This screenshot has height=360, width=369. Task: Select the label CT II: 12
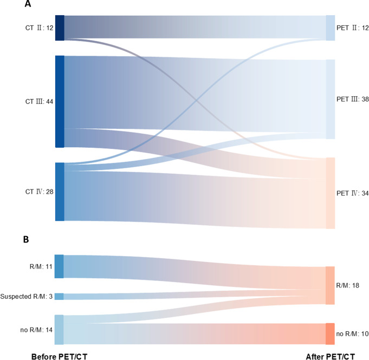point(38,28)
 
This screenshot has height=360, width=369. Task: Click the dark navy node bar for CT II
point(60,28)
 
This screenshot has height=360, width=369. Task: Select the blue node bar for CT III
point(60,101)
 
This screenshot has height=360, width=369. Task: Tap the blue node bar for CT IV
point(60,192)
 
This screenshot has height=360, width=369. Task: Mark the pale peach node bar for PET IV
point(330,193)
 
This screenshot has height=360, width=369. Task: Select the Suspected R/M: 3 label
point(26,296)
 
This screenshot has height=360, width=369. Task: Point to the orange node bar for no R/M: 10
point(330,333)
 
